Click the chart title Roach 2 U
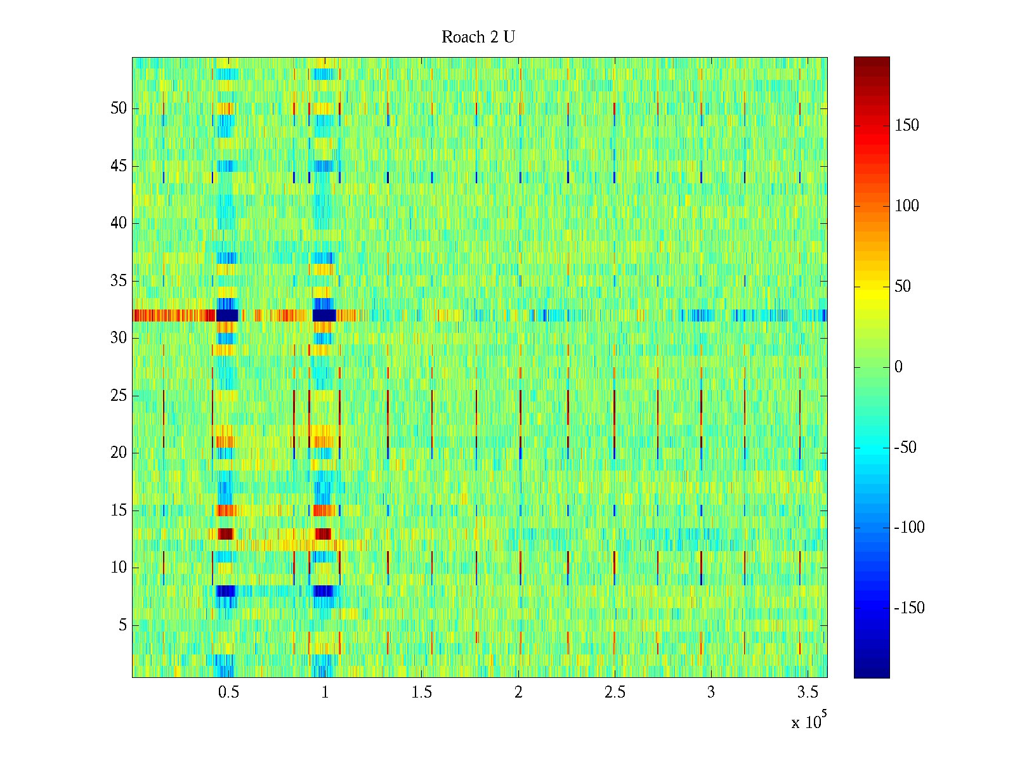point(478,37)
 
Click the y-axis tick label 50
point(119,108)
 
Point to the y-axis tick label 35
point(119,281)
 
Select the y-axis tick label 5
point(122,625)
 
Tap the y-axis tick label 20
point(119,453)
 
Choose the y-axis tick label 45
point(119,166)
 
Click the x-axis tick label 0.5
point(228,693)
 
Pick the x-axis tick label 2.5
point(615,693)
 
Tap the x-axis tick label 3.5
point(808,693)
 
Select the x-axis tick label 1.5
point(421,693)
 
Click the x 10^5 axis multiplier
point(808,722)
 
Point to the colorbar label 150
point(907,126)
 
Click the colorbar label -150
point(909,608)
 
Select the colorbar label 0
point(898,367)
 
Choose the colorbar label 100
point(907,206)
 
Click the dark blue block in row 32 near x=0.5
point(227,315)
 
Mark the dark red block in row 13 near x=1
point(323,533)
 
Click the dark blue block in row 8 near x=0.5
point(225,591)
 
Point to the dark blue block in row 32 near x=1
point(324,315)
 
